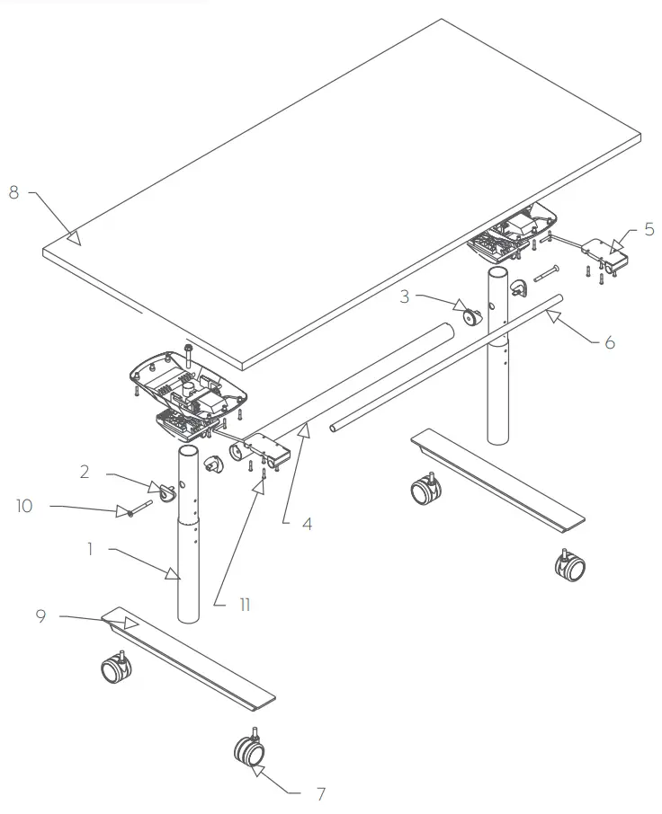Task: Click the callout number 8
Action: pos(13,191)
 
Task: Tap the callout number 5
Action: pos(649,229)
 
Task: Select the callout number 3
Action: pos(405,296)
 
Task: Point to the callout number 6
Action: pos(609,343)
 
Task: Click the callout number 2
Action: pos(85,471)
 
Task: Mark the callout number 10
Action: pos(23,506)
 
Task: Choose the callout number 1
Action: pos(91,547)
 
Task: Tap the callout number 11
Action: pos(244,605)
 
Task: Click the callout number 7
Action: pos(320,793)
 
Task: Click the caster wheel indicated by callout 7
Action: pos(248,750)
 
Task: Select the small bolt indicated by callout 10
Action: pos(130,512)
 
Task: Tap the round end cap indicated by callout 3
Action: pos(470,316)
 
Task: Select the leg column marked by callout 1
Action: pos(189,557)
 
